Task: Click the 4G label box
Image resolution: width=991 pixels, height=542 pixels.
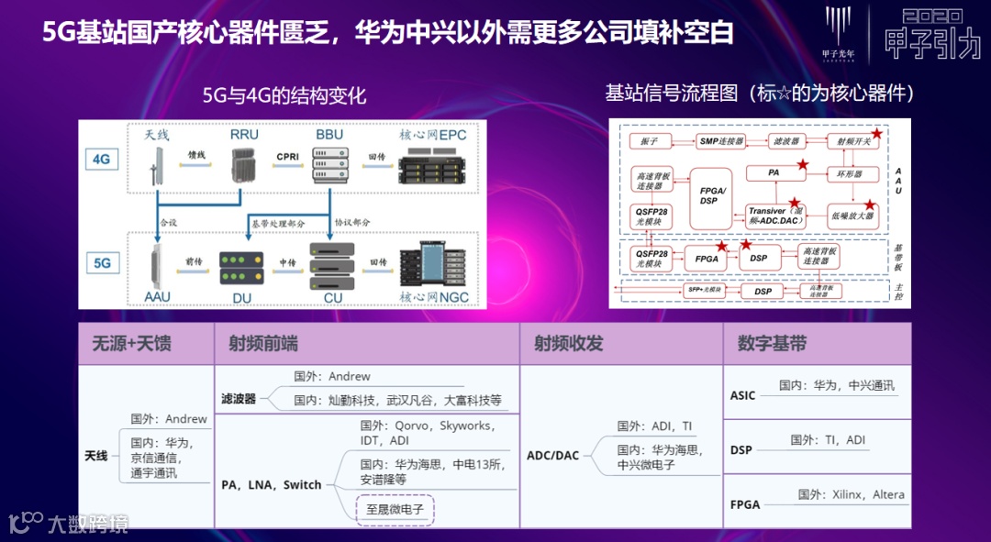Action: (101, 159)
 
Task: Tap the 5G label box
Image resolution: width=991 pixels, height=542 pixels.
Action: (102, 263)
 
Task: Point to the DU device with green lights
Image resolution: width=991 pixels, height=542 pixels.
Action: (240, 265)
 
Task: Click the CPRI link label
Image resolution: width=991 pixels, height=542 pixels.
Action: (287, 157)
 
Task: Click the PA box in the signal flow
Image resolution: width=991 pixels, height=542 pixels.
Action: (773, 172)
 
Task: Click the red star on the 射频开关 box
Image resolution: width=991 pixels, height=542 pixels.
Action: (876, 134)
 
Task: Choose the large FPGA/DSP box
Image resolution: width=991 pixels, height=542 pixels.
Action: (708, 194)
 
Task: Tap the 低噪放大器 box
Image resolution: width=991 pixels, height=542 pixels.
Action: (852, 216)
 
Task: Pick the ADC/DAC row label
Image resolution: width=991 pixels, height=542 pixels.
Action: (552, 455)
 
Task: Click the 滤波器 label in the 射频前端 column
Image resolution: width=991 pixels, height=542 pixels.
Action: (239, 399)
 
